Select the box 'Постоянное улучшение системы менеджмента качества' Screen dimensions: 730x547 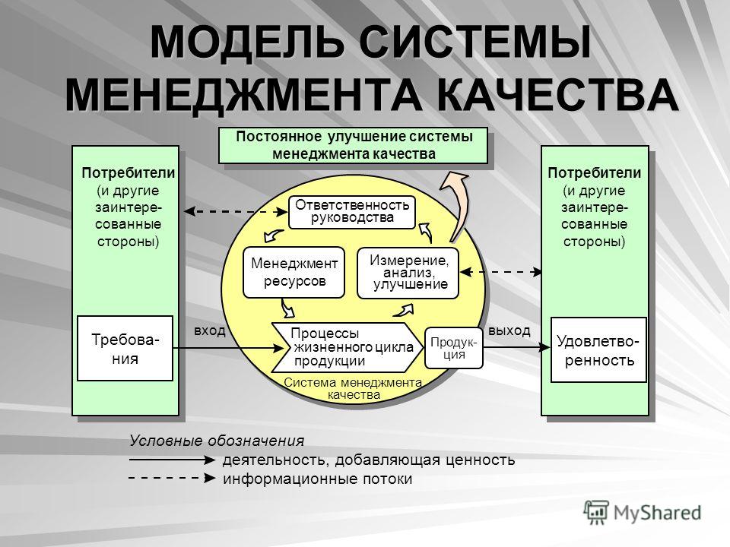pyautogui.click(x=354, y=145)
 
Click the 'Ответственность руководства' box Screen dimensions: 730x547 pyautogui.click(x=352, y=212)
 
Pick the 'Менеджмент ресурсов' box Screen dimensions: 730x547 pyautogui.click(x=294, y=273)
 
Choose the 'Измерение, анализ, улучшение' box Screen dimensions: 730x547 pyautogui.click(x=408, y=273)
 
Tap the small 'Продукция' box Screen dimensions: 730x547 pyautogui.click(x=454, y=349)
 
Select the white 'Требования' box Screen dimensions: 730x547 pyautogui.click(x=125, y=349)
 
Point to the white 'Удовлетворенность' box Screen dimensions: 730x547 pyautogui.click(x=598, y=349)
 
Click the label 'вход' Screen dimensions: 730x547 pyautogui.click(x=210, y=330)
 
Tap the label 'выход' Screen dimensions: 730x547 pyautogui.click(x=509, y=330)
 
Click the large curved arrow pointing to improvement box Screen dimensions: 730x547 pyautogui.click(x=458, y=204)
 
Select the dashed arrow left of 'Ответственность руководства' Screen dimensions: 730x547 pyautogui.click(x=236, y=212)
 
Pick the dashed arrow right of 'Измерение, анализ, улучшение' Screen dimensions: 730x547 pyautogui.click(x=501, y=272)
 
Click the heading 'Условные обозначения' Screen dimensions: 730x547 pyautogui.click(x=217, y=441)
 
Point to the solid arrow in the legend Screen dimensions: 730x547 pyautogui.click(x=173, y=460)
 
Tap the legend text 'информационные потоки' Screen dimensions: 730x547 pyautogui.click(x=318, y=479)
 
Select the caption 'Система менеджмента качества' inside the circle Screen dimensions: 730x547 pyautogui.click(x=353, y=389)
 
